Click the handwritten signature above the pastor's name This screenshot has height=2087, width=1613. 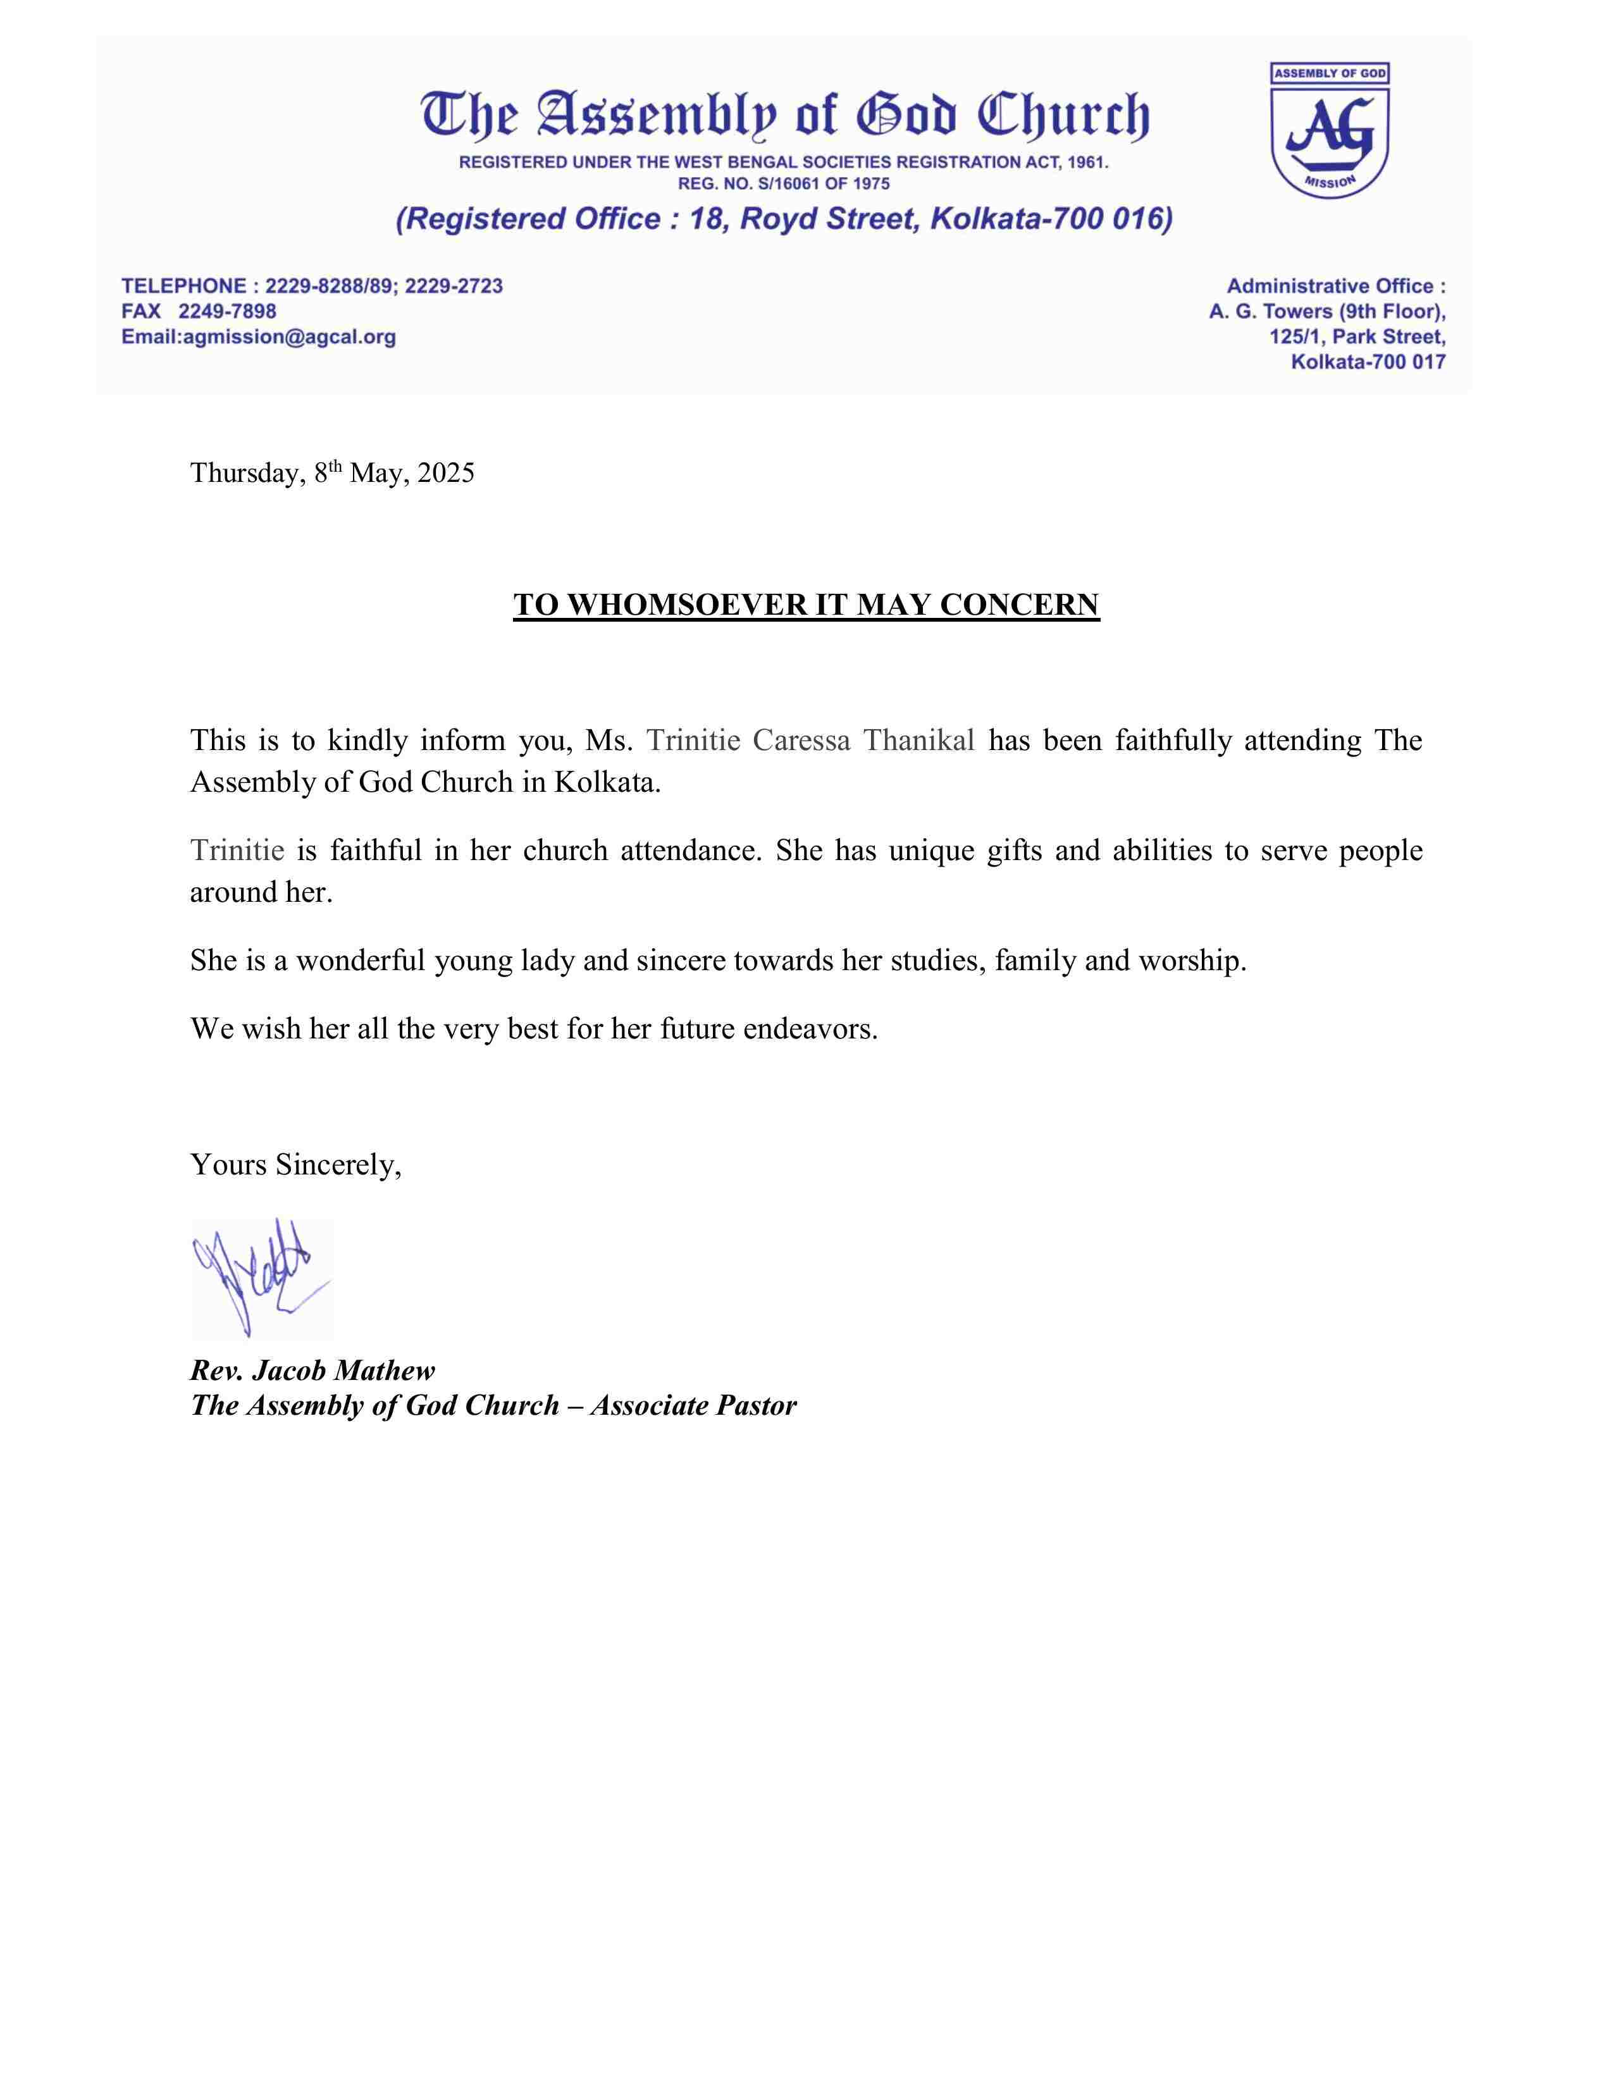click(261, 1277)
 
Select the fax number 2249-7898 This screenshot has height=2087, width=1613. click(228, 312)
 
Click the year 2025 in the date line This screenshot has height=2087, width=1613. click(445, 473)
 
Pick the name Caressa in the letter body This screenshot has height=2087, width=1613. click(801, 741)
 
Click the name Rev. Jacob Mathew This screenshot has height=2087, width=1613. click(312, 1371)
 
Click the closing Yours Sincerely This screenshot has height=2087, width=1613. click(295, 1165)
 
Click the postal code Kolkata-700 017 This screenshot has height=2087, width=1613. click(1368, 362)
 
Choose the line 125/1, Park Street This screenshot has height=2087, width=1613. click(1356, 337)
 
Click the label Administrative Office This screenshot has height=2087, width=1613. click(1335, 286)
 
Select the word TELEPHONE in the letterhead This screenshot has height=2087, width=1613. click(183, 286)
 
